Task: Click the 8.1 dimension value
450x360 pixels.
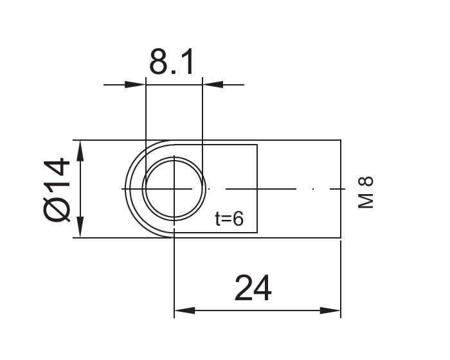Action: pyautogui.click(x=172, y=62)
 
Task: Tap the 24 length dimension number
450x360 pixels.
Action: pyautogui.click(x=253, y=289)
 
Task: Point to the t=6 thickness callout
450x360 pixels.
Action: pyautogui.click(x=230, y=219)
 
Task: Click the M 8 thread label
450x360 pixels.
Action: pyautogui.click(x=365, y=193)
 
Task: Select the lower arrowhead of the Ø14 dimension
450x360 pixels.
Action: pyautogui.click(x=80, y=229)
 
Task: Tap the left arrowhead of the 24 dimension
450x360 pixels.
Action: pyautogui.click(x=184, y=311)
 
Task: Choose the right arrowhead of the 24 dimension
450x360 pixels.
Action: pyautogui.click(x=331, y=311)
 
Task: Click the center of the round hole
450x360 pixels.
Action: pyautogui.click(x=174, y=189)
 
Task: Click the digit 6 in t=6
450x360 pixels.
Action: pyautogui.click(x=238, y=219)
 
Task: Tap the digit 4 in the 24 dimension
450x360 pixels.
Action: pyautogui.click(x=262, y=289)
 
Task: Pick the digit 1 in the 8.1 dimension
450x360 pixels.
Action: pyautogui.click(x=188, y=62)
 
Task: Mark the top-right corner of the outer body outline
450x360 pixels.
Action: pyautogui.click(x=340, y=140)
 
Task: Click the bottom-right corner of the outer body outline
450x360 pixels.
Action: pyautogui.click(x=340, y=238)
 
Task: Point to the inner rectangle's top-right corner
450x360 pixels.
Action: pyautogui.click(x=257, y=145)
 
